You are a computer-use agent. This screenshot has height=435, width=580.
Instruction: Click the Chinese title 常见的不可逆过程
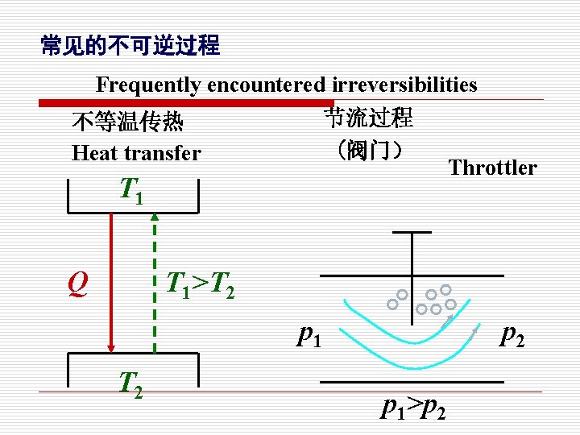[130, 46]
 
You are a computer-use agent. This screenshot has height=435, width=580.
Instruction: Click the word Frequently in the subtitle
[149, 85]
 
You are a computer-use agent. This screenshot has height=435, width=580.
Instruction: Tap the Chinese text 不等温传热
[126, 122]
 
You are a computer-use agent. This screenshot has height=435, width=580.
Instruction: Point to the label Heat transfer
[136, 152]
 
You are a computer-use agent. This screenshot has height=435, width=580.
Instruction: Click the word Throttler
[492, 168]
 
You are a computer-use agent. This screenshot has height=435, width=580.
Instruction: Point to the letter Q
[77, 284]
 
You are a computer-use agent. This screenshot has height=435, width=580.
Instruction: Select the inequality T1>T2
[200, 284]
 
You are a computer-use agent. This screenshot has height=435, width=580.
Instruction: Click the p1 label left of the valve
[309, 333]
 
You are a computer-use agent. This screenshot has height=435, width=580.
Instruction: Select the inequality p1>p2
[414, 408]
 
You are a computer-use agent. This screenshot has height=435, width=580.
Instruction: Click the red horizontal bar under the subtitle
[185, 102]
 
